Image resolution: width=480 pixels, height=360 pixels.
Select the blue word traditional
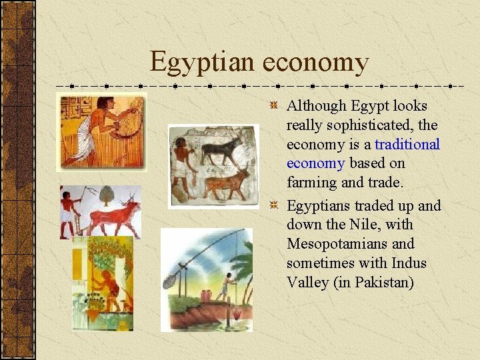point(407,144)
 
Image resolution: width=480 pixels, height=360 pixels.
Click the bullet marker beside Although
point(273,105)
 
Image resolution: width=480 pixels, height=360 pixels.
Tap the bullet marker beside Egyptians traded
point(273,205)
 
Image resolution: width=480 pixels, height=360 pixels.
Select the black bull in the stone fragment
point(223,150)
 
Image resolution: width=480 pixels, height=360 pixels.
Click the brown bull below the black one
point(227,183)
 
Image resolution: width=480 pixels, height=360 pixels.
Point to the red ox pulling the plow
point(113,217)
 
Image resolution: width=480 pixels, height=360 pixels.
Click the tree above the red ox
point(106,195)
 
